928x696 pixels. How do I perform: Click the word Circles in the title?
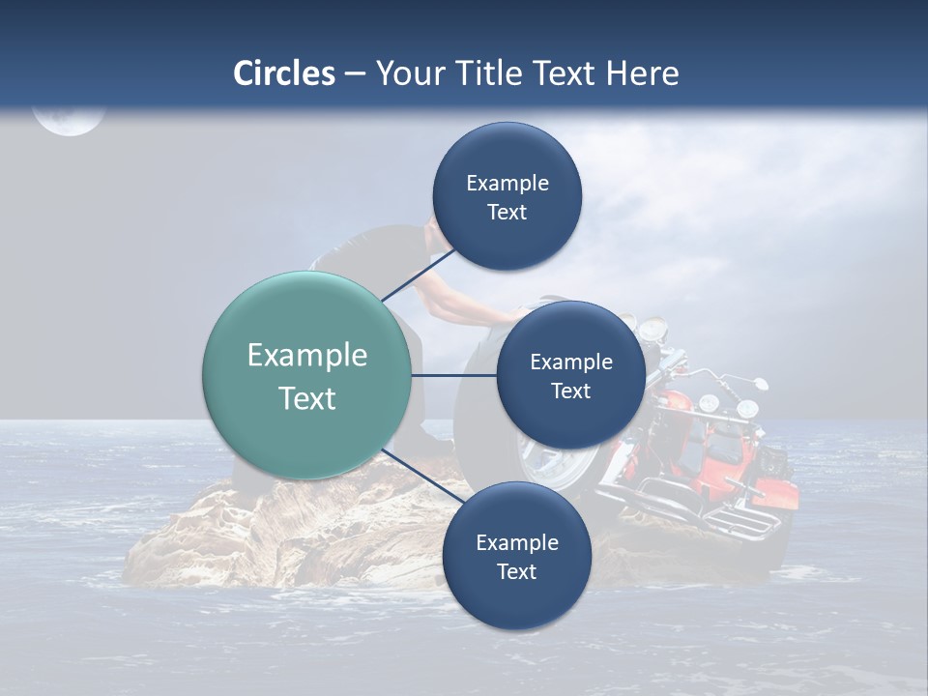pyautogui.click(x=283, y=73)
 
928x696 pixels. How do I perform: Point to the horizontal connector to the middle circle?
pyautogui.click(x=453, y=375)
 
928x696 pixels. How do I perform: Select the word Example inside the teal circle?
pyautogui.click(x=306, y=356)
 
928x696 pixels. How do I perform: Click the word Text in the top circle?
pyautogui.click(x=507, y=213)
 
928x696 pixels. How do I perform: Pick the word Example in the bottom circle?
pyautogui.click(x=516, y=542)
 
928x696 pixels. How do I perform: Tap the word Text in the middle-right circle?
pyautogui.click(x=570, y=391)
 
